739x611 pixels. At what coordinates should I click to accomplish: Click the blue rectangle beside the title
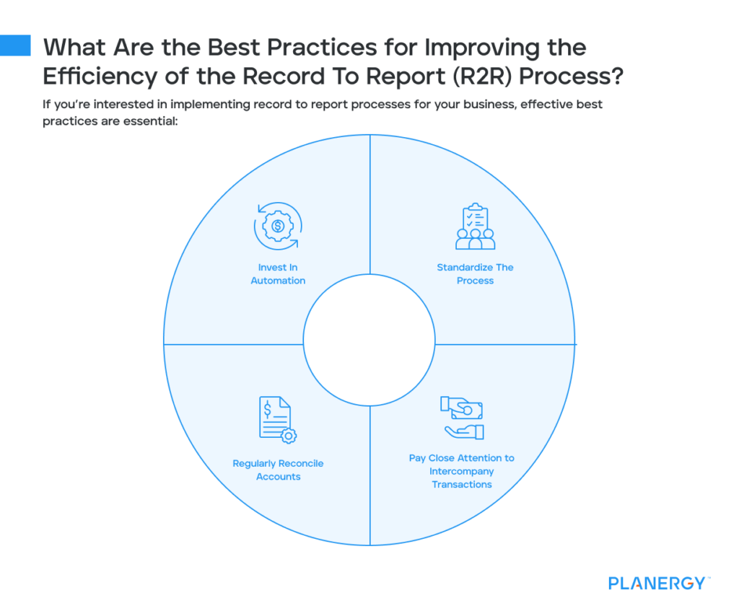click(15, 45)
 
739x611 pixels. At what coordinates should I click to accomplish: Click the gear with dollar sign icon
click(278, 226)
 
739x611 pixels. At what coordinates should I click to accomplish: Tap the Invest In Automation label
click(278, 274)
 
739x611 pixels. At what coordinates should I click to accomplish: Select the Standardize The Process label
click(475, 274)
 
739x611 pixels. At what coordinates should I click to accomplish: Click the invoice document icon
click(277, 420)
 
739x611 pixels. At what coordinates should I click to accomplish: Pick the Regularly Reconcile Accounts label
click(278, 470)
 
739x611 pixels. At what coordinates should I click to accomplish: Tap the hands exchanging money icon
click(462, 418)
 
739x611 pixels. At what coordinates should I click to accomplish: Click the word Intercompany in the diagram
click(462, 471)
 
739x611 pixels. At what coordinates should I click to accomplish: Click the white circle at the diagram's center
click(369, 340)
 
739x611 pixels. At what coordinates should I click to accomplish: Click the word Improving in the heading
click(477, 48)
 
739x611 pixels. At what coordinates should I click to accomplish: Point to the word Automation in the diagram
click(278, 281)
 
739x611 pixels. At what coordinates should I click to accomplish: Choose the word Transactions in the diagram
click(462, 484)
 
